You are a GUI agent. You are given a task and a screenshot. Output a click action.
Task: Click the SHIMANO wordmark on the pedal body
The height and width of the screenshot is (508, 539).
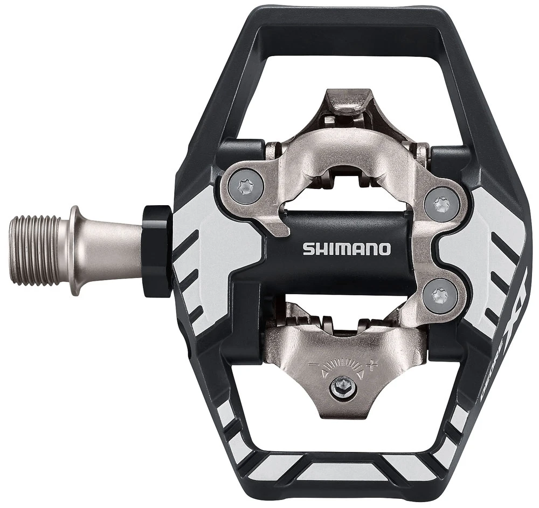click(x=346, y=249)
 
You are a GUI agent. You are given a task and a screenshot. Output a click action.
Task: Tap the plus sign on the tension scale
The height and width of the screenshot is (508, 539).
click(x=370, y=365)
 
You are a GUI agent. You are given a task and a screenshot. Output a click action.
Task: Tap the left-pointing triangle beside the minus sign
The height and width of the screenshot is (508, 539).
click(x=322, y=372)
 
